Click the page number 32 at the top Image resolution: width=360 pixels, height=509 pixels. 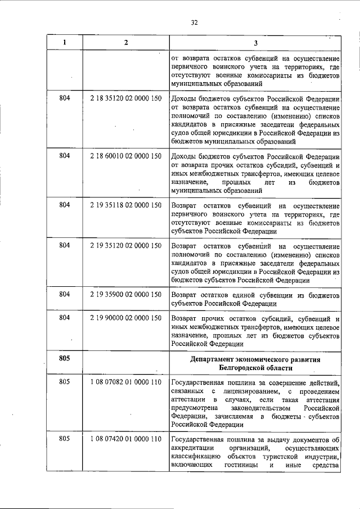click(x=194, y=22)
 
